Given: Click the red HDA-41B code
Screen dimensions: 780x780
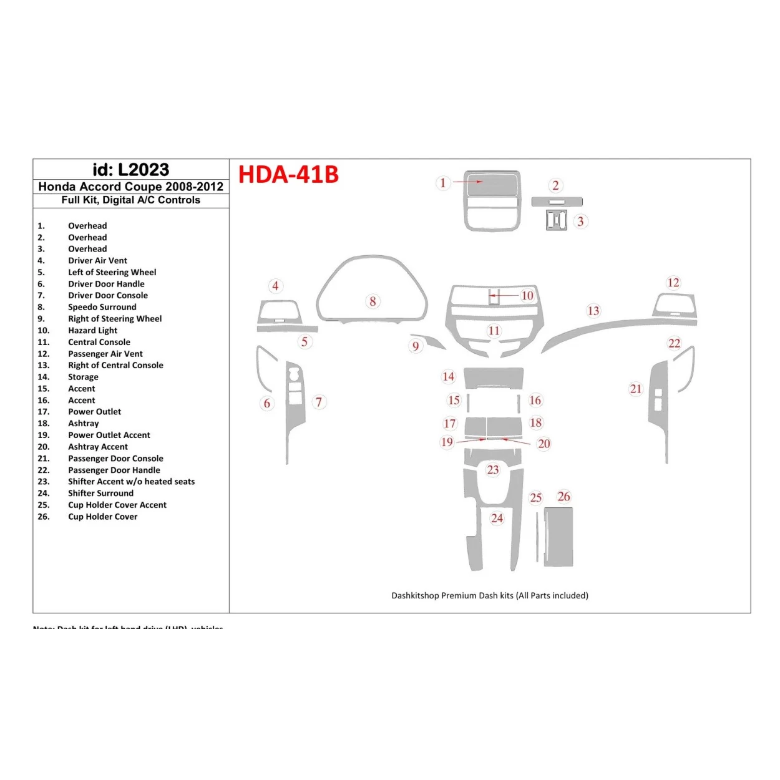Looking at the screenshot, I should pos(288,174).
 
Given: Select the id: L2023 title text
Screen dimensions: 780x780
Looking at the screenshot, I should pos(130,170).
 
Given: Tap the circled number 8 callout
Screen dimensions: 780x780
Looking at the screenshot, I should pos(373,301).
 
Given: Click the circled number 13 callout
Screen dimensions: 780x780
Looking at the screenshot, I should pos(593,311).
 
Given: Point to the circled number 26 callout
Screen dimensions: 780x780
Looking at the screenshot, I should pos(563,497).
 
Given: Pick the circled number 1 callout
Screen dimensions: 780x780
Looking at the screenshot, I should pos(443,183).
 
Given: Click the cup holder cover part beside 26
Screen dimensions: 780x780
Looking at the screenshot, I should pos(558,537).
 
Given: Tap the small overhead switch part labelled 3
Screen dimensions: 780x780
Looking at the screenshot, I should pos(556,220).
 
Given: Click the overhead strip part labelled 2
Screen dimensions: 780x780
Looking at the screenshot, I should pos(557,202).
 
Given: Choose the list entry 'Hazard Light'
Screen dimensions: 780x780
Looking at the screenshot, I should pos(92,330).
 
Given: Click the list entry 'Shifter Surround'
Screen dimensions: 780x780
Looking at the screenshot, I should pos(100,493).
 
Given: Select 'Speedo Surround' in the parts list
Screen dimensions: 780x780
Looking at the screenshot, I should pos(102,307).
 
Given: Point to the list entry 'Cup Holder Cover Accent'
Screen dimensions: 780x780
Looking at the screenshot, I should pos(117,505).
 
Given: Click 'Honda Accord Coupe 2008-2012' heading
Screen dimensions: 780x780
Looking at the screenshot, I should pos(130,187).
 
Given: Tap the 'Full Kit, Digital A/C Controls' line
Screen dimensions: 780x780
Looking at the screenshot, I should pos(130,200).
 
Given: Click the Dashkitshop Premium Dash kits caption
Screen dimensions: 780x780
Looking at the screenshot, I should pos(489,595).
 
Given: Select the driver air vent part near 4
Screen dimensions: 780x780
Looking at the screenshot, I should pos(279,311).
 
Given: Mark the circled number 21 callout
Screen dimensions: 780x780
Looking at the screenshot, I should pos(635,389).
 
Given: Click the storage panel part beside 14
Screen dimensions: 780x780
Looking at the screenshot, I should pos(494,378).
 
